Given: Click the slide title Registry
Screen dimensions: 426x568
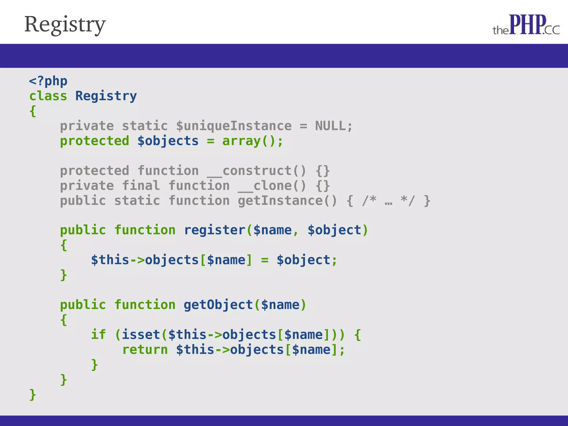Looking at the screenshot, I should tap(65, 24).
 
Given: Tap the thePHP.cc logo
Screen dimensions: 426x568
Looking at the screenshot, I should tap(526, 25).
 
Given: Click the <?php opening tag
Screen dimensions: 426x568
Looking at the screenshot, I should tap(48, 81).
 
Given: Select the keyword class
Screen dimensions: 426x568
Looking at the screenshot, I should tap(48, 96).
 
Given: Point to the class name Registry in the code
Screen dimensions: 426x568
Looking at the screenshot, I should tap(106, 96).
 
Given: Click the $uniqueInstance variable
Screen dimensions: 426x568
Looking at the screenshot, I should tap(234, 126).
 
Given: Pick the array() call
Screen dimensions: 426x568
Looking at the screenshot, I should tap(249, 141).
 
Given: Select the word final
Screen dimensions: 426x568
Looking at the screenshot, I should tap(141, 186).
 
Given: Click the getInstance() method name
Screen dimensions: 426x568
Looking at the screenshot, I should tap(287, 201).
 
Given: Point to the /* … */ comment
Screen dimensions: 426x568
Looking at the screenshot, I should tap(388, 201).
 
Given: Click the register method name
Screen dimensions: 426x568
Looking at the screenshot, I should tap(214, 230).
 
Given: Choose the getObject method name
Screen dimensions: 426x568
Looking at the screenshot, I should tap(218, 305).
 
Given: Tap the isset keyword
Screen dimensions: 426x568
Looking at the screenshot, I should tap(141, 335).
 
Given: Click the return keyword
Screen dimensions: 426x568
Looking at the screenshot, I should tap(145, 350).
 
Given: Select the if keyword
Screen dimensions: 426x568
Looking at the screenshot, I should tap(98, 335).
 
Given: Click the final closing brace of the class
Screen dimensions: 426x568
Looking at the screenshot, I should tap(33, 394).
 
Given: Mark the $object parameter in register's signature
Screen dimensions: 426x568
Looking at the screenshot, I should tap(334, 230).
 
